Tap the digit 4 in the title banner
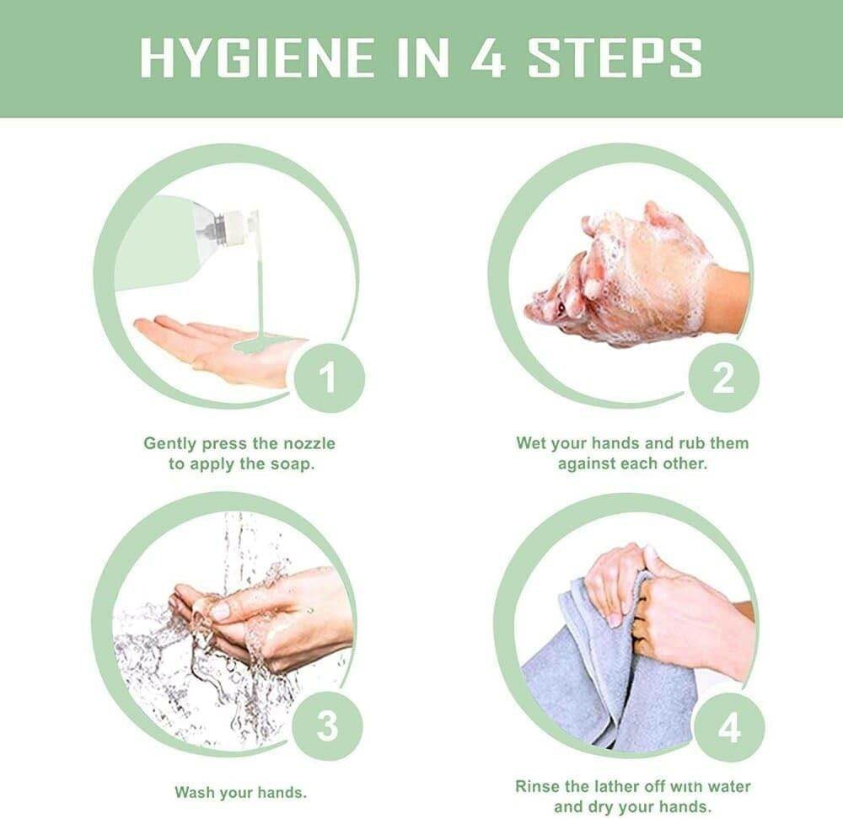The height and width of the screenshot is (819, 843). (x=488, y=57)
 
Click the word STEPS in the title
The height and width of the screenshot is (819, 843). (x=615, y=57)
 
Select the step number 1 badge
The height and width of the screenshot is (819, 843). (x=329, y=377)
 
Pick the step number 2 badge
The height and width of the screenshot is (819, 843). (x=723, y=377)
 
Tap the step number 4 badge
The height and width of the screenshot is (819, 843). (x=728, y=729)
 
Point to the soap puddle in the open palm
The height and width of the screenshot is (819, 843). (x=257, y=344)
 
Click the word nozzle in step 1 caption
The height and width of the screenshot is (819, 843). (x=309, y=444)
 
